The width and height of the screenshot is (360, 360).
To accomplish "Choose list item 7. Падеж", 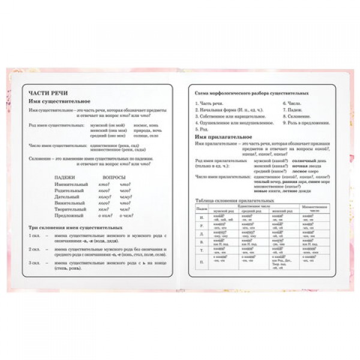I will pos(292,110).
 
